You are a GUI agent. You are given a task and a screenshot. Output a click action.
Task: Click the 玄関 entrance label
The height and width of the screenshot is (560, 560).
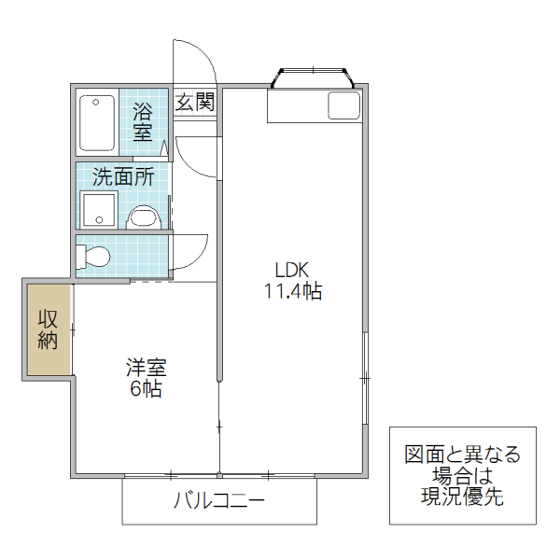(x=195, y=102)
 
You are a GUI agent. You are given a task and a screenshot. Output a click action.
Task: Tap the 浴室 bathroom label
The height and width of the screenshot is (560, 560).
(x=143, y=121)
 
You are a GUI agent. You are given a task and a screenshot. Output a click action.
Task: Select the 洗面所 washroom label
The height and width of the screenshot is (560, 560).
(x=122, y=175)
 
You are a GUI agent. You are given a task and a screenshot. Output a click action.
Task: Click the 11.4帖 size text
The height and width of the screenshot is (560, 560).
(x=291, y=291)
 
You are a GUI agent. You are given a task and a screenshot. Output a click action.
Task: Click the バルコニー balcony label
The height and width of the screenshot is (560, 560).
(x=219, y=501)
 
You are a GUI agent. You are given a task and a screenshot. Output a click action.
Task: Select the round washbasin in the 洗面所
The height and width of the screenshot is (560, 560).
(x=143, y=218)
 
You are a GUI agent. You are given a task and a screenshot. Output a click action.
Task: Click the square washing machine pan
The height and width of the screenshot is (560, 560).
(x=98, y=210)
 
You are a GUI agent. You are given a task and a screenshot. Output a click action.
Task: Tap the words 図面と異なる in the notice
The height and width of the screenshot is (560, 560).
(x=463, y=455)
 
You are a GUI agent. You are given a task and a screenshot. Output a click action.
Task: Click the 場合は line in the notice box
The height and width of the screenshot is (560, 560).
(x=463, y=476)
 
